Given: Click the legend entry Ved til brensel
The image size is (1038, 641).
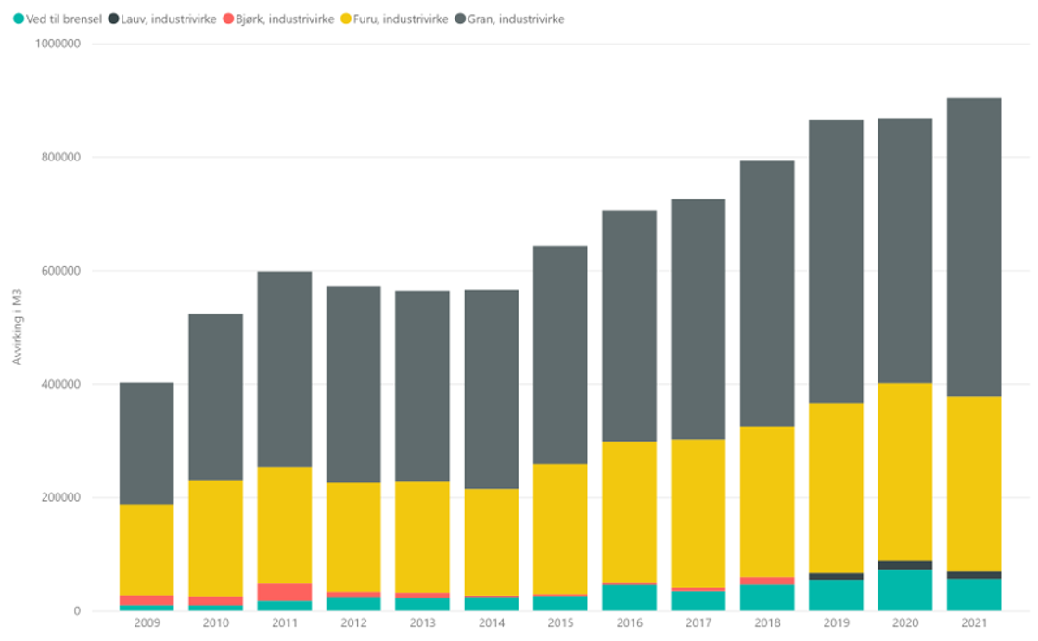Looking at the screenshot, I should point(58,19).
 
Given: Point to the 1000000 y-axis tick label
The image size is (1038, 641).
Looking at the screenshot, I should point(57,44).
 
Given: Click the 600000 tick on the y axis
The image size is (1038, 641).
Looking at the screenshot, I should point(60,271).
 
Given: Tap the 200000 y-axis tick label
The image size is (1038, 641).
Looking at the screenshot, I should point(60,498).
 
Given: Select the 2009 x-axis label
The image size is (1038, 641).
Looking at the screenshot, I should point(147,623).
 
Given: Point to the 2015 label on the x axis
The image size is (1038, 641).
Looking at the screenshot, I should point(560,623).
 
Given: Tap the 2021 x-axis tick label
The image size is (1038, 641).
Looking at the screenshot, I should point(974,623).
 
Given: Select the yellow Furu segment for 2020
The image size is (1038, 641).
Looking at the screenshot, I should point(904,471).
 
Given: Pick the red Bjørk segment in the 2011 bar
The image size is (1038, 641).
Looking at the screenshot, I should point(285,592).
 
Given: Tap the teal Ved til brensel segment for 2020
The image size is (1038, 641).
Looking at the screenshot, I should point(904,590).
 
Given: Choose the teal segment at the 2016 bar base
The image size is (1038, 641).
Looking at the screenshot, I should point(629,597).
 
